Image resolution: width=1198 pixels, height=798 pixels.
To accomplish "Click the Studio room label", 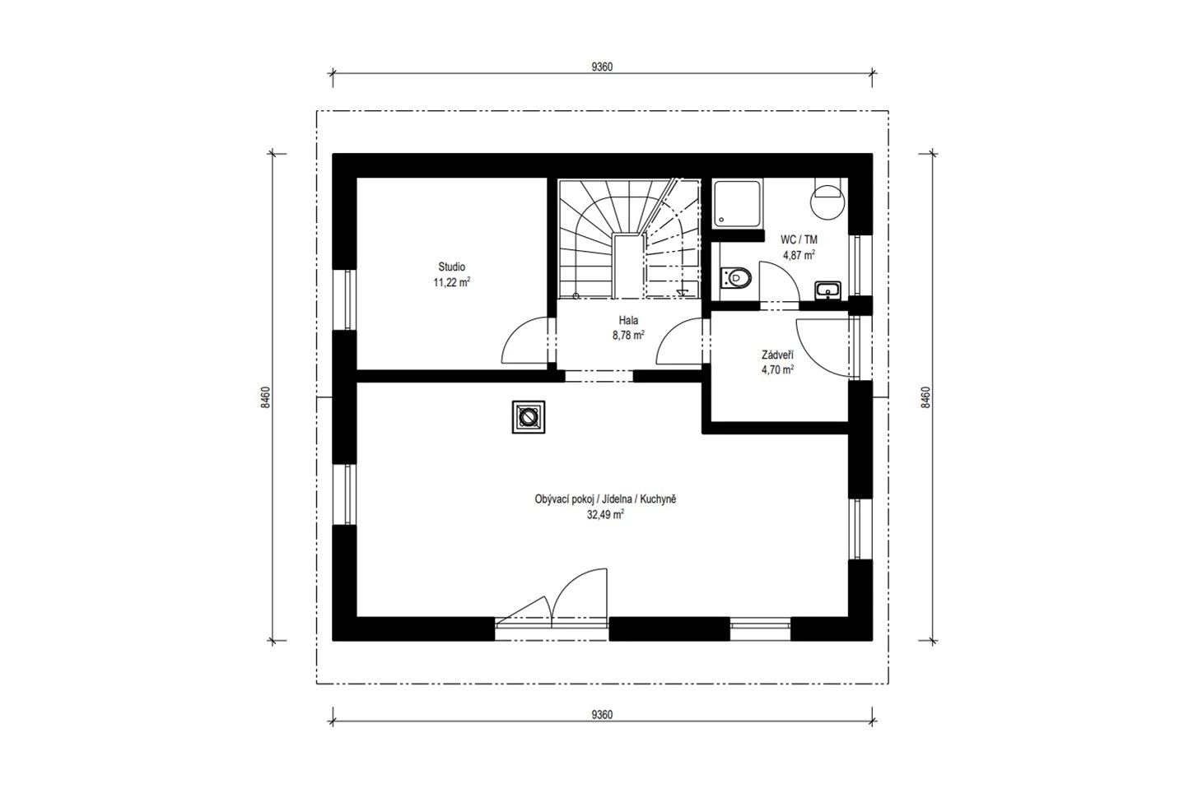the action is (451, 267).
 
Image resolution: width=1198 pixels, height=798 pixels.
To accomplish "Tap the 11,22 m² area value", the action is (451, 281).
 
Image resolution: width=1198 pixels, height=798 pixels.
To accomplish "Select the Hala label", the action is (628, 320).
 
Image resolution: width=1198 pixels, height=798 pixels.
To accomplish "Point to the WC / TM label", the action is (799, 239).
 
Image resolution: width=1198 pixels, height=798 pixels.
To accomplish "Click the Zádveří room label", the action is (777, 355).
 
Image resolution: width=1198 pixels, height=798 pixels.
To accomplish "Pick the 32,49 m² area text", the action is (605, 515).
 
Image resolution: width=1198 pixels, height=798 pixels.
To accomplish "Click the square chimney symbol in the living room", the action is (529, 417).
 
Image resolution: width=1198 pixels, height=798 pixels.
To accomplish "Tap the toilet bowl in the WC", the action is (736, 278).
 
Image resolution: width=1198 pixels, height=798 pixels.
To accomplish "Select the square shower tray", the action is (738, 204).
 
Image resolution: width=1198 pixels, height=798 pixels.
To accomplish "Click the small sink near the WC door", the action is (828, 291).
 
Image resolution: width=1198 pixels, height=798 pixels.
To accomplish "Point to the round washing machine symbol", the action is (827, 202).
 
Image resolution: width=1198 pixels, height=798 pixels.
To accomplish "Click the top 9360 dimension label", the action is (602, 67).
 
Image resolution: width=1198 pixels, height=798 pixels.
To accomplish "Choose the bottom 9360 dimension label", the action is (602, 715).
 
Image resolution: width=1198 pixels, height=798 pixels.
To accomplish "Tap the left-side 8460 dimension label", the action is (266, 397).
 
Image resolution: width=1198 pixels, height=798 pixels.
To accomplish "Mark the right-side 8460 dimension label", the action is (925, 397).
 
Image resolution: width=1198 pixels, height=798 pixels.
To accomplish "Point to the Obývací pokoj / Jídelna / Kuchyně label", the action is (605, 499).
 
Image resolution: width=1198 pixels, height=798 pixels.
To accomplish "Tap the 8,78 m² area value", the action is (628, 336).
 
